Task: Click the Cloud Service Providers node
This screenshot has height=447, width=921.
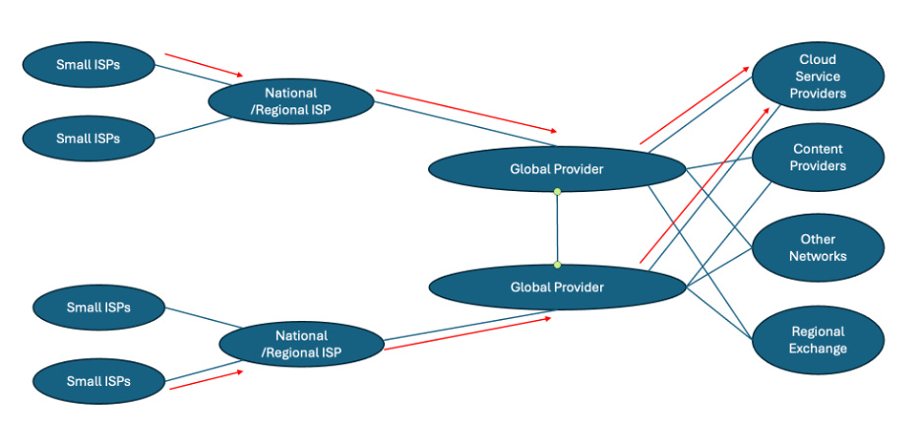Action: [817, 76]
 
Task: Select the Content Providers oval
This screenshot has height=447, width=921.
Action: [817, 158]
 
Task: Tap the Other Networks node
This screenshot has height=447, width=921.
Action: [817, 247]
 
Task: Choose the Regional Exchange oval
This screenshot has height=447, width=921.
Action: [817, 340]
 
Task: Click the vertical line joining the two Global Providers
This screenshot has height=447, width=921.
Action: [557, 228]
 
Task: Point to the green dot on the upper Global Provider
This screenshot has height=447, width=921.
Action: [557, 192]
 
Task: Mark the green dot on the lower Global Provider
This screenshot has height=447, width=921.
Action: [557, 264]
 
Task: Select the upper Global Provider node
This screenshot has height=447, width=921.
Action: [556, 168]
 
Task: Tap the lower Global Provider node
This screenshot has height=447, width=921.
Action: [556, 287]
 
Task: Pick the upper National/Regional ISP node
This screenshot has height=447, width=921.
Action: [290, 101]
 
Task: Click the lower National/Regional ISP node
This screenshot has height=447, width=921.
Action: [300, 344]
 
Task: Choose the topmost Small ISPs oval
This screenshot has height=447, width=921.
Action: [89, 65]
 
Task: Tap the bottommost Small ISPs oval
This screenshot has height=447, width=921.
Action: [98, 380]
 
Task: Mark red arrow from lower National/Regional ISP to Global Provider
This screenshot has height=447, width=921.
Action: [467, 334]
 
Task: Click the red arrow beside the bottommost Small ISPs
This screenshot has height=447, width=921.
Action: [207, 377]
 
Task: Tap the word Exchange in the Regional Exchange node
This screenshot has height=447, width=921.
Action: [818, 349]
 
